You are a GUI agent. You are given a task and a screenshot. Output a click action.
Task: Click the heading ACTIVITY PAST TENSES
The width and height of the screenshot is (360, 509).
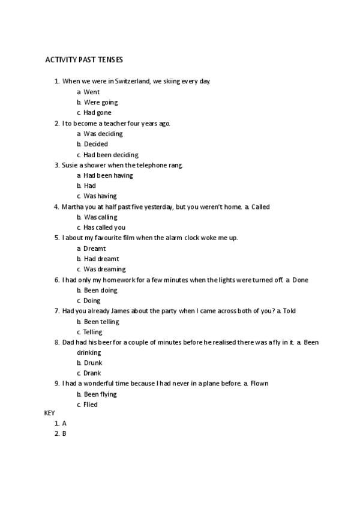[84, 60]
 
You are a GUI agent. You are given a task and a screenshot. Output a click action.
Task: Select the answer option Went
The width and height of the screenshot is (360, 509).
[92, 92]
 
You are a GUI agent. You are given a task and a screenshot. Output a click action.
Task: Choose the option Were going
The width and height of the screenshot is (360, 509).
[101, 102]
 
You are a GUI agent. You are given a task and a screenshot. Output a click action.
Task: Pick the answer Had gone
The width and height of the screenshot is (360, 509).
[97, 112]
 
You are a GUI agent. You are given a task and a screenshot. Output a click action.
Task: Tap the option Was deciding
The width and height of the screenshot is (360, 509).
[103, 133]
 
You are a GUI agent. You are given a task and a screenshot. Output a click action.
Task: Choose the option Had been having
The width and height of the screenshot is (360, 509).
[108, 175]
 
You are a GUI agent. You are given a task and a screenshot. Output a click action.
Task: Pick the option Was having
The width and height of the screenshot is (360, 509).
[100, 196]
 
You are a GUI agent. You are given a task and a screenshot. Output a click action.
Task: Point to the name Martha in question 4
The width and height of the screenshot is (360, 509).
[72, 206]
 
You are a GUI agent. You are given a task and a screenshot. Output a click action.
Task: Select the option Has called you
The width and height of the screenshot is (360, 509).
[104, 227]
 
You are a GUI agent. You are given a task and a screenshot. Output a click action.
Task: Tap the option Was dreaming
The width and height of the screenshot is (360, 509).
[105, 269]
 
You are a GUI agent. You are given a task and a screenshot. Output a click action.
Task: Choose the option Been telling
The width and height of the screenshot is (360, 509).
[101, 322]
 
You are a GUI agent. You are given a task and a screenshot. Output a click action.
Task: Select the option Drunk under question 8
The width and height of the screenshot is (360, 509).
[93, 363]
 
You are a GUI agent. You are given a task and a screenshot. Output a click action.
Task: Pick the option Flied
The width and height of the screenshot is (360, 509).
[91, 405]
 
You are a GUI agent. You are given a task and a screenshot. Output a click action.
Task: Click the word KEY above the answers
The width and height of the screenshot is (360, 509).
[49, 414]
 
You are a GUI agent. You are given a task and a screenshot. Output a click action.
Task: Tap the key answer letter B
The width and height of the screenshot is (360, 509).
[64, 433]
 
